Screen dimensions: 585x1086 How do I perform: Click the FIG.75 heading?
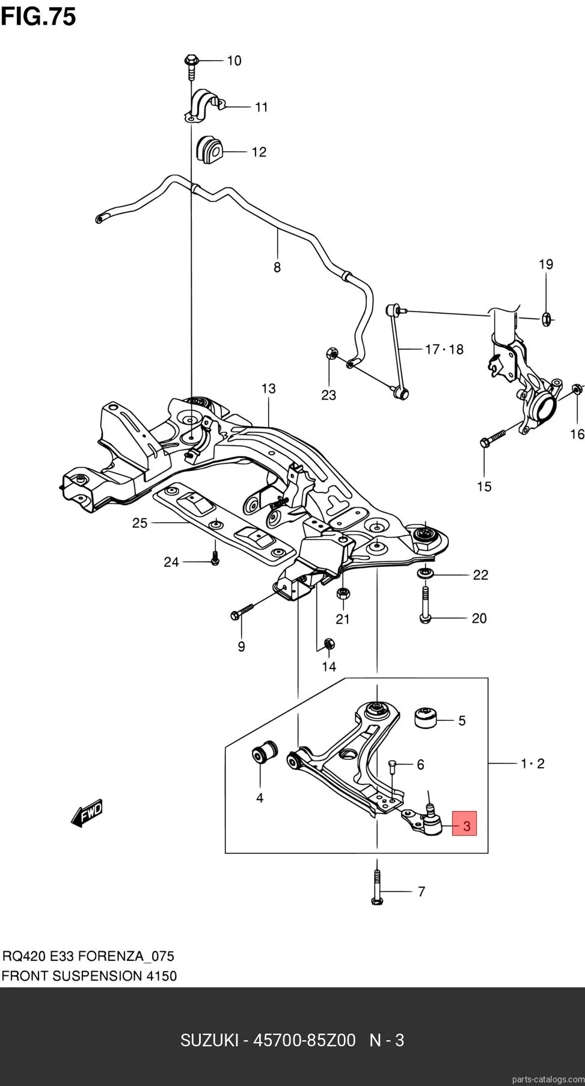point(38,16)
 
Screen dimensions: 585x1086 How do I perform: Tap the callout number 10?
point(233,61)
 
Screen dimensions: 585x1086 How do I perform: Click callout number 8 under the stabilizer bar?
point(277,267)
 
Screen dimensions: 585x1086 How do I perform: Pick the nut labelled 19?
point(546,319)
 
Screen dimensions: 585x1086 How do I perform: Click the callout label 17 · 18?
point(444,349)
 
